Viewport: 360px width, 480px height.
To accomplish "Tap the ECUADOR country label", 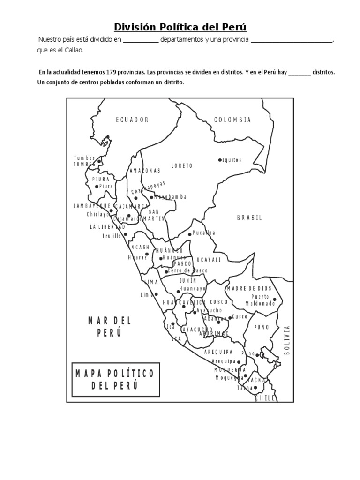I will point(132,120).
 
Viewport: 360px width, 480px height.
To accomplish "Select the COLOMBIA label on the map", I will point(232,120).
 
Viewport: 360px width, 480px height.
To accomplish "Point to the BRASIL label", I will point(249,217).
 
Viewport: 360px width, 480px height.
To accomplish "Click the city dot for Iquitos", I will point(220,160).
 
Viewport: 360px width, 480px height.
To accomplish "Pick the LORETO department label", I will point(182,165).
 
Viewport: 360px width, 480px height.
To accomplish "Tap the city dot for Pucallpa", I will point(190,234).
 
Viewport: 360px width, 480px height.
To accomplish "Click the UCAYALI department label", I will point(209,260).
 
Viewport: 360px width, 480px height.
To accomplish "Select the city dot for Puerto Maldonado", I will point(275,300).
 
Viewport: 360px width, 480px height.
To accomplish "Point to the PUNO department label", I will point(262,328).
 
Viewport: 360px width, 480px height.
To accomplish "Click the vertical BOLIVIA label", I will point(287,340).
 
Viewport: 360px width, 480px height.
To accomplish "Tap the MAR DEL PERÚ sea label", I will point(110,327).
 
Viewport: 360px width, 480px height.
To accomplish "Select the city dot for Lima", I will point(156,294).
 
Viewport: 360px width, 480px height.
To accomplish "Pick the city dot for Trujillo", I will point(126,234).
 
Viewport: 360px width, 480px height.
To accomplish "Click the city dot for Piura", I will point(97,187).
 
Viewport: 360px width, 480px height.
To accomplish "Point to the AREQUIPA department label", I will point(218,352).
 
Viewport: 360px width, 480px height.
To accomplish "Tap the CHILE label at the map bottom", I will point(265,398).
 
